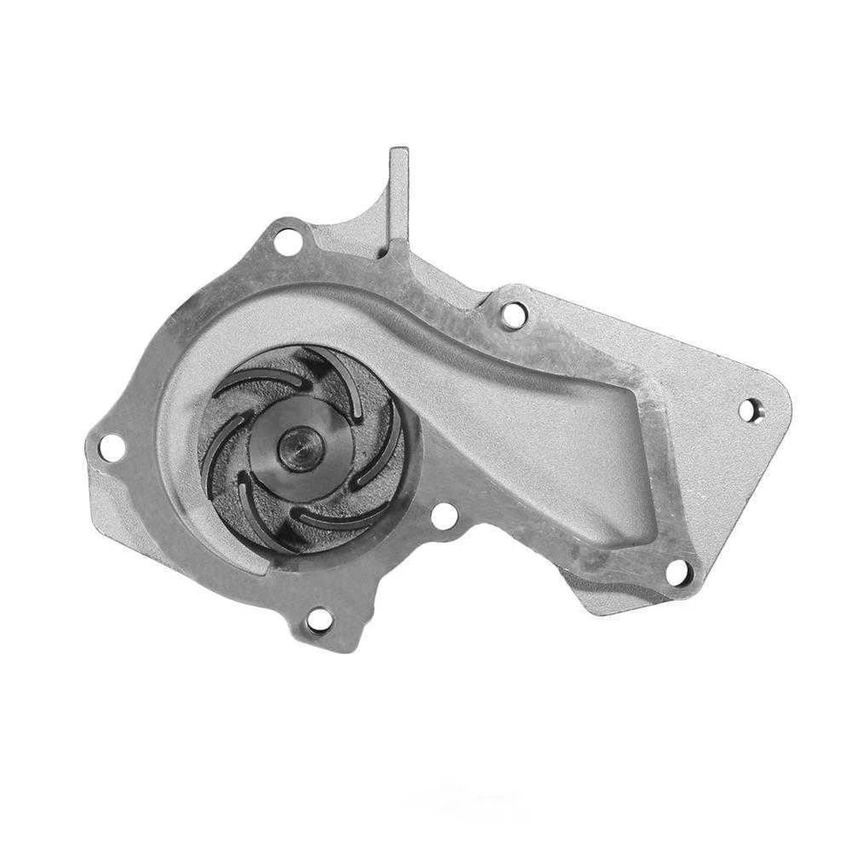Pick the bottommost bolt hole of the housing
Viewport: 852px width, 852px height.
(317, 621)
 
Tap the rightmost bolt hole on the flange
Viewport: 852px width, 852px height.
(750, 409)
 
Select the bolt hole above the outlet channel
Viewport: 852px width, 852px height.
(513, 312)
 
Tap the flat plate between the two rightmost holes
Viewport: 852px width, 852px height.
(719, 488)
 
